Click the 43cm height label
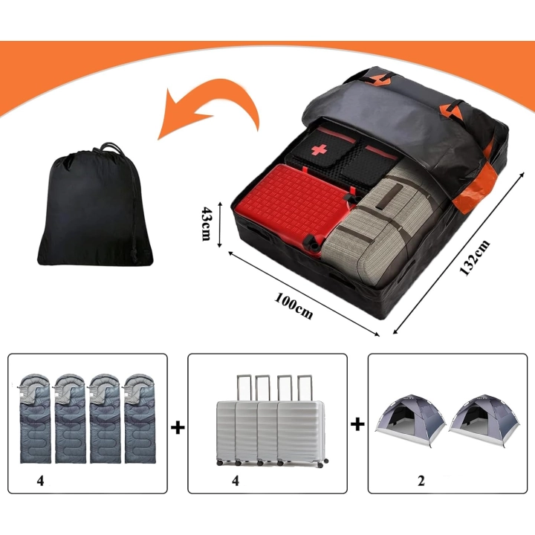207,224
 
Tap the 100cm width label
294,305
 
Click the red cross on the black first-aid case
319,149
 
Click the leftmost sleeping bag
35,418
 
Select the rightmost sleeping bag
140,418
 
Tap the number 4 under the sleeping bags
41,481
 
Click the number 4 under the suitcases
236,481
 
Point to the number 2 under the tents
421,481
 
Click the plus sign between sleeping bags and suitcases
178,427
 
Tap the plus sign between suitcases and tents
357,424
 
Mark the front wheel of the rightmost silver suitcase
321,464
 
